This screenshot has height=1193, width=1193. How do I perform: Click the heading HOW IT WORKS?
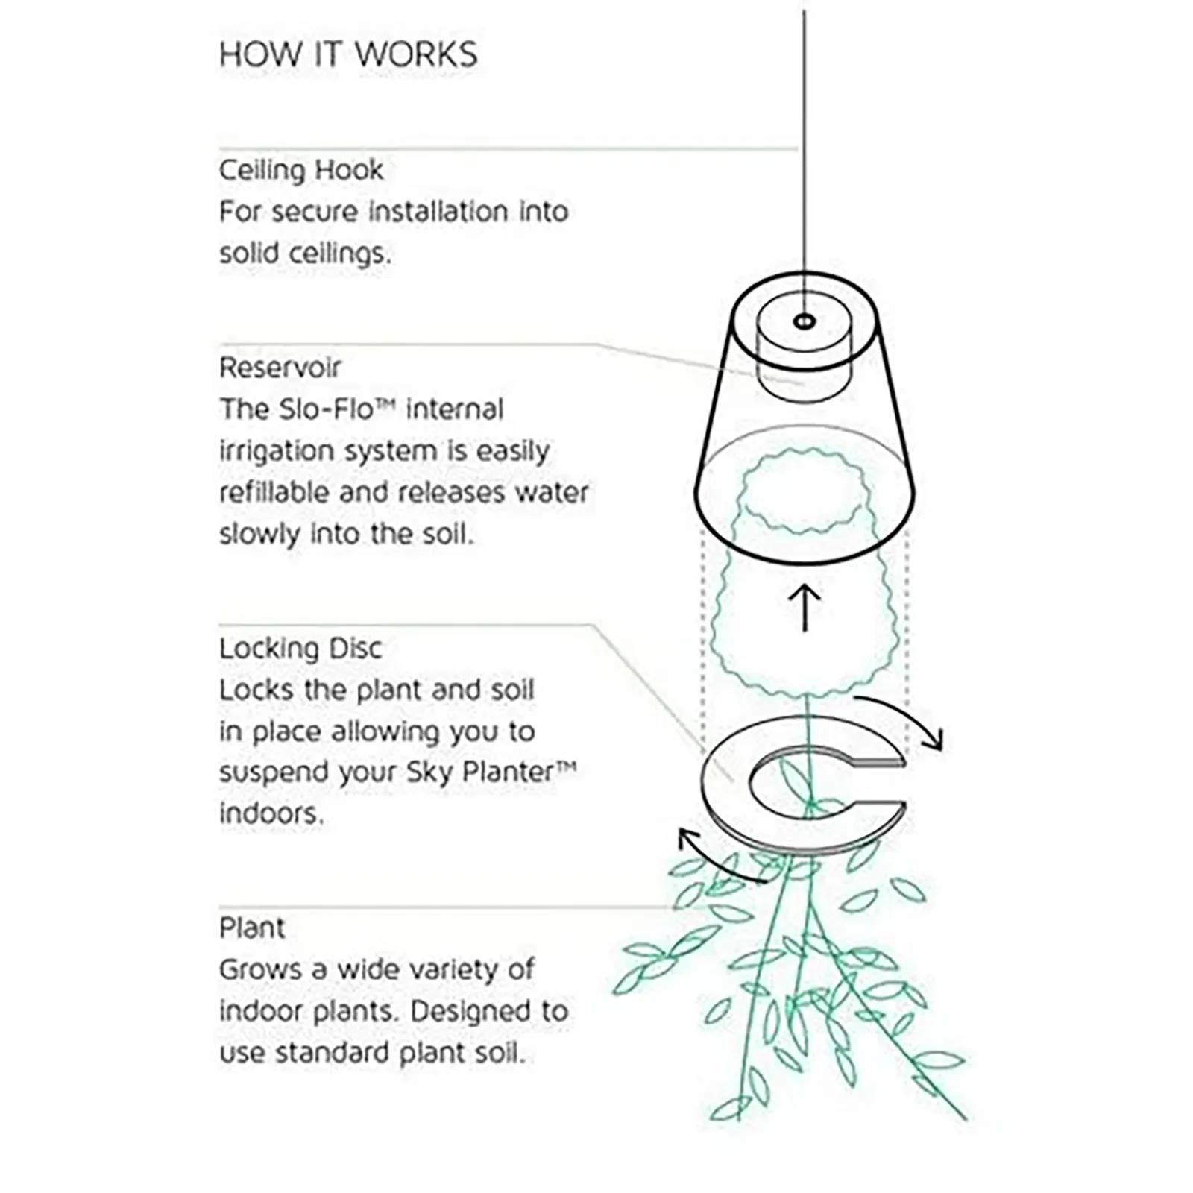point(348,54)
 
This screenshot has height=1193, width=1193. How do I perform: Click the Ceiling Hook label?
point(301,171)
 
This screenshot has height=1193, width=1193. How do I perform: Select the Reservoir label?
point(280,368)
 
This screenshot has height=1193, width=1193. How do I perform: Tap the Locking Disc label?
point(300,649)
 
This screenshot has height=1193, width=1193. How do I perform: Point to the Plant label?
point(252,928)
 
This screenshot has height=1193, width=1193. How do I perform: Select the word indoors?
point(271,813)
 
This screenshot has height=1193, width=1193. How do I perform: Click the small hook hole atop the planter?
point(804,321)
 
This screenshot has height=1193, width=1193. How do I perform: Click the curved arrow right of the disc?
point(906,717)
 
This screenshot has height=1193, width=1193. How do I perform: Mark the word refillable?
point(274,493)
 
